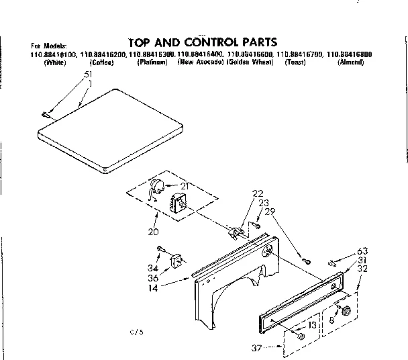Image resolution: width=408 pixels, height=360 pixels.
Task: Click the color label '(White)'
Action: [x=54, y=62]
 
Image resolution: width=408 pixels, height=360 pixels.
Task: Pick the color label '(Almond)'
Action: [x=350, y=62]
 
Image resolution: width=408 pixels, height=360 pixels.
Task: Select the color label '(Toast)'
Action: [x=295, y=62]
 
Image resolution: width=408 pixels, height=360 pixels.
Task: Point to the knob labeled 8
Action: [x=347, y=311]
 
